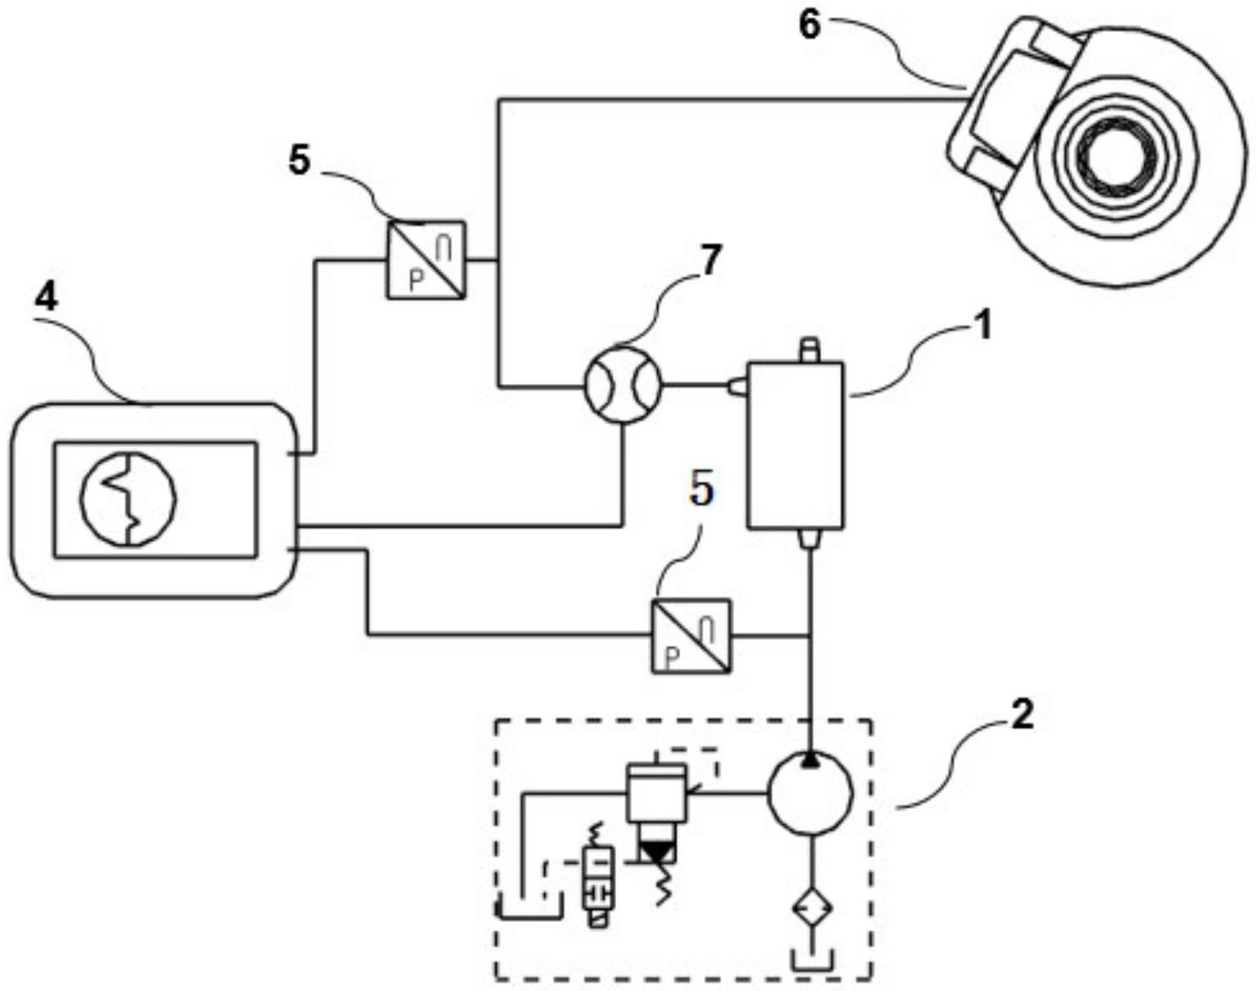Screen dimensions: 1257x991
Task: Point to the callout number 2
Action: click(1022, 716)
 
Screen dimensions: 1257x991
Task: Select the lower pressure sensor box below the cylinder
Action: click(691, 636)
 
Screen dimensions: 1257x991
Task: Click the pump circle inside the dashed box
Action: click(810, 793)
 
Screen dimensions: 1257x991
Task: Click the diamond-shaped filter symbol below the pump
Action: click(812, 909)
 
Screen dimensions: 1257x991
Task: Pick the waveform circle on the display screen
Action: click(129, 498)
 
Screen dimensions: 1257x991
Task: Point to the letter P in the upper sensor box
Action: click(415, 281)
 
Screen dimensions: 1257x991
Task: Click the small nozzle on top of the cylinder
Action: click(810, 349)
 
